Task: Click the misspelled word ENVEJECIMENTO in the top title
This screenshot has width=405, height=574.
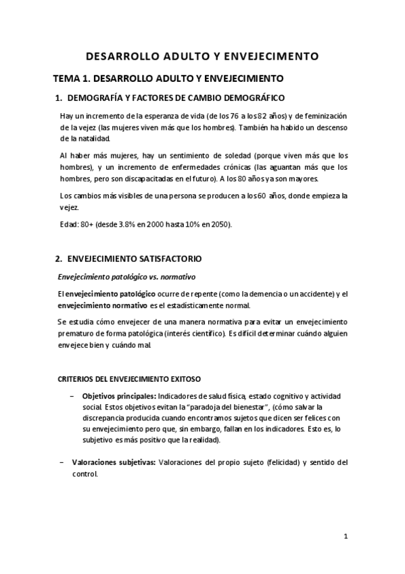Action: [x=273, y=56]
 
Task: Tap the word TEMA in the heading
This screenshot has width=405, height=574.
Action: [x=68, y=79]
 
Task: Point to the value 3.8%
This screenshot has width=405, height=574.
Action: [x=121, y=225]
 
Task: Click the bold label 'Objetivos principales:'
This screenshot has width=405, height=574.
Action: [x=119, y=395]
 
